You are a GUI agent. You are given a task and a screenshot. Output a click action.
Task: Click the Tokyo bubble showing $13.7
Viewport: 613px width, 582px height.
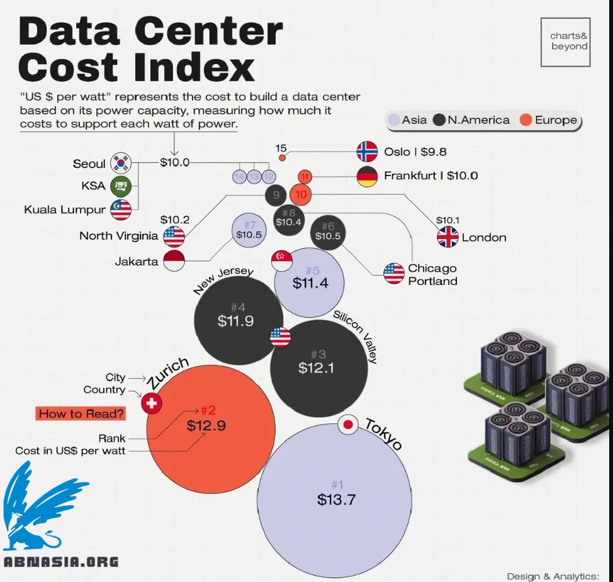click(336, 497)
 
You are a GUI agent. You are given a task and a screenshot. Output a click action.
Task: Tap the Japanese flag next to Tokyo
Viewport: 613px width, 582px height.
click(347, 425)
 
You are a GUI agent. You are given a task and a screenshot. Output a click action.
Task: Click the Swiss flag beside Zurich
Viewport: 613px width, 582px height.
click(151, 403)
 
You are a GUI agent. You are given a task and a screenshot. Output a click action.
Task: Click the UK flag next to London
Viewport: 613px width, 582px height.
click(448, 237)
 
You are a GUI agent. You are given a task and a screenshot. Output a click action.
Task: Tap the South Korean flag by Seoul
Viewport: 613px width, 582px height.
click(121, 163)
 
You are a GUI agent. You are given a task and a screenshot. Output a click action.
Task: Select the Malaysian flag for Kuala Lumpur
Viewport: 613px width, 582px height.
click(121, 210)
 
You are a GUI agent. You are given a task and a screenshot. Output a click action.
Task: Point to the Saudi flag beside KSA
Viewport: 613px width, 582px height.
click(121, 186)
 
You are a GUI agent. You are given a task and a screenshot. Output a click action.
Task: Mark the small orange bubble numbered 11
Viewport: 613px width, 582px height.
click(305, 176)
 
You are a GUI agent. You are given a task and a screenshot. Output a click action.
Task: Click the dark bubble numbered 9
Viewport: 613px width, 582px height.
click(276, 195)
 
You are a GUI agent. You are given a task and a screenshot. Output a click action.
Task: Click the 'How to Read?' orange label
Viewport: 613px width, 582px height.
click(81, 413)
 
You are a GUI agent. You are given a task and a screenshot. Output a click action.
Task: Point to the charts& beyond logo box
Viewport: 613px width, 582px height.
click(565, 42)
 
